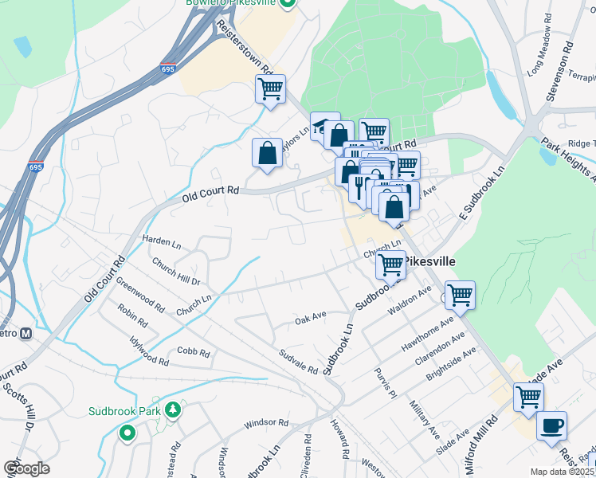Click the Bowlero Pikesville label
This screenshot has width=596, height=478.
point(231,3)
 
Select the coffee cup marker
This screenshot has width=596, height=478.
point(551,425)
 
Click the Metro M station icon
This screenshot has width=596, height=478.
point(25,333)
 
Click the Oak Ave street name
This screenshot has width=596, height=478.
point(311,317)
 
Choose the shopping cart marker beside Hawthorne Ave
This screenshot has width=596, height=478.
point(460,295)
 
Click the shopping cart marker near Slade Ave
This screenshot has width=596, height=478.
point(528,397)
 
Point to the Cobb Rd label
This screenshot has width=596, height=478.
point(194,352)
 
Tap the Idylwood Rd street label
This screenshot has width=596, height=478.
point(149,350)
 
